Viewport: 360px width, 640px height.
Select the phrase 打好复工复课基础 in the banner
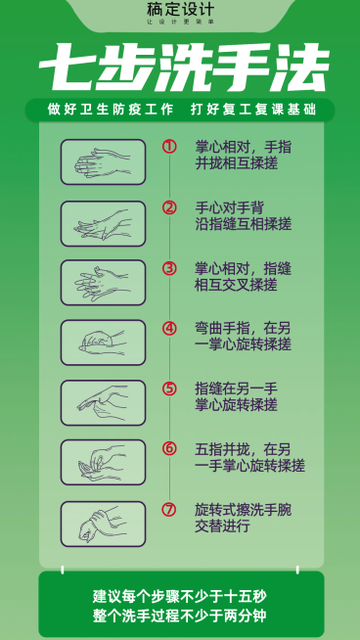pyautogui.click(x=257, y=110)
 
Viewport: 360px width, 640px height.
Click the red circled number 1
pyautogui.click(x=169, y=147)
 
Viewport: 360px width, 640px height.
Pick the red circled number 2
pyautogui.click(x=169, y=207)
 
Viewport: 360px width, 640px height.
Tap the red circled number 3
pyautogui.click(x=169, y=268)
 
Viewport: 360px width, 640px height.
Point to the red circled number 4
pyautogui.click(x=169, y=329)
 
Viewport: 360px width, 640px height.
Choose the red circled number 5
pyautogui.click(x=169, y=389)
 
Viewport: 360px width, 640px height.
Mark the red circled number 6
pyautogui.click(x=169, y=449)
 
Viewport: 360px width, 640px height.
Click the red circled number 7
pyautogui.click(x=169, y=510)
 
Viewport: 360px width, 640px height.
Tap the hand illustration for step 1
pyautogui.click(x=103, y=161)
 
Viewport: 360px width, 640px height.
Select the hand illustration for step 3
pyautogui.click(x=103, y=282)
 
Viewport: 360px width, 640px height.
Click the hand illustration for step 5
pyautogui.click(x=103, y=402)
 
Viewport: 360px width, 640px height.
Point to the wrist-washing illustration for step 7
pyautogui.click(x=103, y=524)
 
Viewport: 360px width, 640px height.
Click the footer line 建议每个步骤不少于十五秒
pyautogui.click(x=181, y=595)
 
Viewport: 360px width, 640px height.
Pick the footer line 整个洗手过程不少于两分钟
pyautogui.click(x=181, y=615)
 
